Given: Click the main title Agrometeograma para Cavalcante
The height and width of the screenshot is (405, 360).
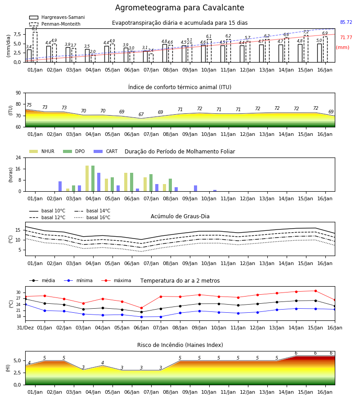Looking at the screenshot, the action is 180,8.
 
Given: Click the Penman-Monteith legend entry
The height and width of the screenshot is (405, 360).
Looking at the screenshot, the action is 55,24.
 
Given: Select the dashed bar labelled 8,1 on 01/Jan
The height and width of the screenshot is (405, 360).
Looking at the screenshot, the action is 35,47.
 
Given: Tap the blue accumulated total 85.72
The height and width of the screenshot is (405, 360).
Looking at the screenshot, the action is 346,22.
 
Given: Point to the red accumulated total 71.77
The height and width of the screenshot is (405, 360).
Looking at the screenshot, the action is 346,37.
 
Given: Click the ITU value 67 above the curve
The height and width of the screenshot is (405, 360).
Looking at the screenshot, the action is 141,114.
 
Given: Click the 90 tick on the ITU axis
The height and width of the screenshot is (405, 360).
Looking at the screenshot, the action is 18,93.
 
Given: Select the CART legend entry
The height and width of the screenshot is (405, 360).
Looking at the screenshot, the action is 106,151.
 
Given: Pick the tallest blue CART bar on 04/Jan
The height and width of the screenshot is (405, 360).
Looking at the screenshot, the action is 99,182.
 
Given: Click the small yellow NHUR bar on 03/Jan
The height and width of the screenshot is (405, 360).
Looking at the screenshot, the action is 67,190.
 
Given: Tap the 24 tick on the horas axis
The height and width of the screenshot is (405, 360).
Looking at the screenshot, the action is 18,157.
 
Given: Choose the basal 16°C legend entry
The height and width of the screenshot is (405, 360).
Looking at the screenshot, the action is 92,217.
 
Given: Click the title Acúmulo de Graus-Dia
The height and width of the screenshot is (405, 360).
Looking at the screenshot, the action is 180,216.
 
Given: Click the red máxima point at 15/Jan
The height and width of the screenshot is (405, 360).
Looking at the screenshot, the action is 315,291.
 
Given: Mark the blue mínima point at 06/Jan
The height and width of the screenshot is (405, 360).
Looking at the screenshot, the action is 141,317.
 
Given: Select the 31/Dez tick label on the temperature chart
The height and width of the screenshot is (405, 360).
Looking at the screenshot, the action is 25,328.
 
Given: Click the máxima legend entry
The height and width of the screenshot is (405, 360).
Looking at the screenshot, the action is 116,280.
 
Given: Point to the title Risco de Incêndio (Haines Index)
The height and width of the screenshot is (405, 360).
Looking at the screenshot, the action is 180,345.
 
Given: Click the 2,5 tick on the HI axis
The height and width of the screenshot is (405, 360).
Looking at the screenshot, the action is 18,373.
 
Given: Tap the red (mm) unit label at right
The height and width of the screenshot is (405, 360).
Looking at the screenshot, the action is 343,48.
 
